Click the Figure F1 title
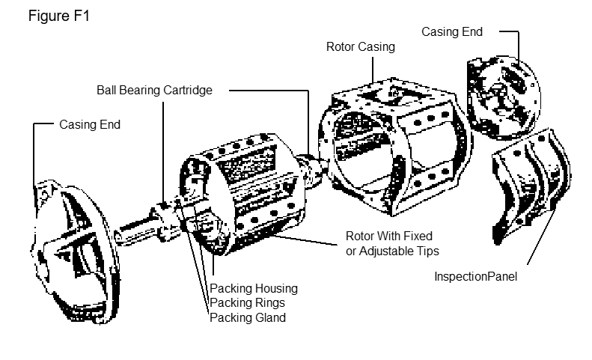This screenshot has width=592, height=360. click(59, 16)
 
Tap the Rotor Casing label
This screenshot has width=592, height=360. click(360, 46)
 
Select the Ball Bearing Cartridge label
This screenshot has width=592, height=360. click(155, 90)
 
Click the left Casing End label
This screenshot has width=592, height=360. click(90, 125)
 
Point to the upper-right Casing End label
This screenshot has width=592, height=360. click(451, 32)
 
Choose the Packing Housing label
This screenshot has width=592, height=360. click(253, 288)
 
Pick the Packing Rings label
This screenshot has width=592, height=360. click(248, 302)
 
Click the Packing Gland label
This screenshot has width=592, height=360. click(248, 317)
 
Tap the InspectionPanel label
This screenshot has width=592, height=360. click(476, 276)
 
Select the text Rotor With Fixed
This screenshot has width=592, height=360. click(388, 236)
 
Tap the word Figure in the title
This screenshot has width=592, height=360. click(48, 16)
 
